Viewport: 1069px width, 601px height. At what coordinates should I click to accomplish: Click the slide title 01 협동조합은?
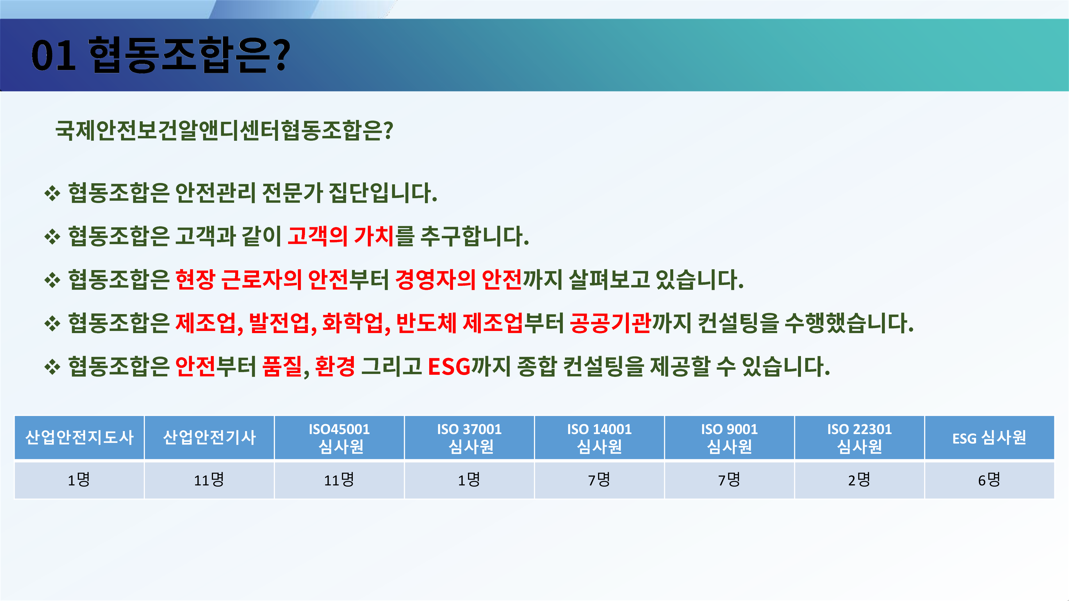pyautogui.click(x=161, y=55)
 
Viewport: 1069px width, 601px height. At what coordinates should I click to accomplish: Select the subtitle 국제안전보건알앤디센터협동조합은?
pyautogui.click(x=224, y=130)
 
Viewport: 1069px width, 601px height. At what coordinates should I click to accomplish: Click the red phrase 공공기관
pyautogui.click(x=610, y=323)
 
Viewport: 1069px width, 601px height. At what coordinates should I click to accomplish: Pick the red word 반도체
pyautogui.click(x=426, y=323)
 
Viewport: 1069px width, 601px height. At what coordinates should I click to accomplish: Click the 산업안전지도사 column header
pyautogui.click(x=79, y=438)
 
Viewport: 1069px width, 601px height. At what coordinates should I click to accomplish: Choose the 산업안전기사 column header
pyautogui.click(x=209, y=438)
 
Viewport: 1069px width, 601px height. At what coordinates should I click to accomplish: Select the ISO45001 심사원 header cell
pyautogui.click(x=339, y=438)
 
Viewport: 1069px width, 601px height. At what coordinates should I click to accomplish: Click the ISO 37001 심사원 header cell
pyautogui.click(x=469, y=438)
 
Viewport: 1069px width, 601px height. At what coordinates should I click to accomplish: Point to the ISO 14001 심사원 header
pyautogui.click(x=599, y=438)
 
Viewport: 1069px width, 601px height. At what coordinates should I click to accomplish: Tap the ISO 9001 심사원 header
pyautogui.click(x=729, y=438)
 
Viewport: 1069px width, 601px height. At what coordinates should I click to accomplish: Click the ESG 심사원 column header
pyautogui.click(x=989, y=438)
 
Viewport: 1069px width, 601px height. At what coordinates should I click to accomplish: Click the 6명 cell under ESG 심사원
pyautogui.click(x=989, y=480)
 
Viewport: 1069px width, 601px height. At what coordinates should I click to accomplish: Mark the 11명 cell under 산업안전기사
pyautogui.click(x=209, y=480)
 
